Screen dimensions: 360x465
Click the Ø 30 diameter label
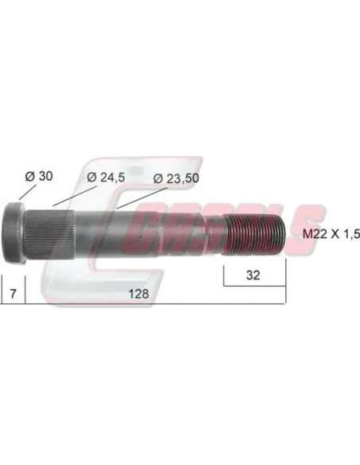click(39, 176)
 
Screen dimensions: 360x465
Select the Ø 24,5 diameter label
click(106, 178)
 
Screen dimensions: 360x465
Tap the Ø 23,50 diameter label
click(176, 178)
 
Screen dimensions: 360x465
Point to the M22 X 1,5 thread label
click(331, 234)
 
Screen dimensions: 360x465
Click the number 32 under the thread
click(253, 275)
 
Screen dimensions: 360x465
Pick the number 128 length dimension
click(139, 294)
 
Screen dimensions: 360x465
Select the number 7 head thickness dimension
click(13, 294)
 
